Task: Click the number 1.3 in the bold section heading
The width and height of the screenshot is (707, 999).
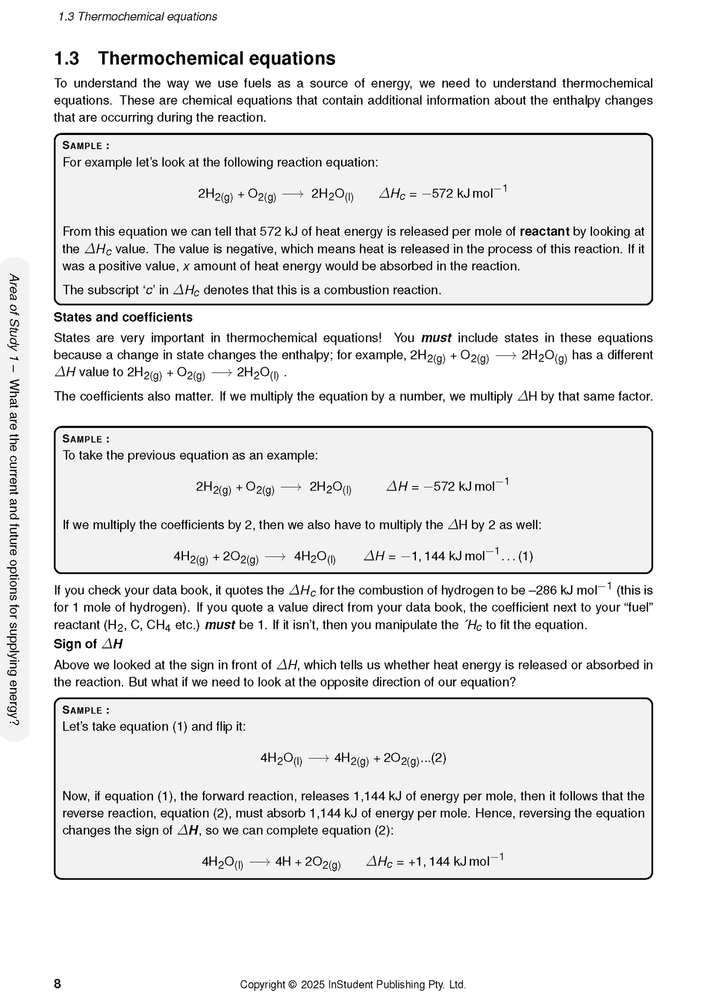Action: tap(67, 59)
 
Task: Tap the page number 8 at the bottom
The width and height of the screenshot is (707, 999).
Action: tap(57, 984)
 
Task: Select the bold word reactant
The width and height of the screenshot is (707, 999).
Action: tap(544, 231)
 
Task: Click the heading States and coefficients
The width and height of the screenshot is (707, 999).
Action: tap(123, 317)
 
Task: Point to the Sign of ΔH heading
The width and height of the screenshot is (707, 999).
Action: tap(88, 644)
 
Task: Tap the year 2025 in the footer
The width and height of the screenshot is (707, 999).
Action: tap(313, 984)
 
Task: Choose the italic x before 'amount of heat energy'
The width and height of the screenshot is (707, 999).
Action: tap(186, 266)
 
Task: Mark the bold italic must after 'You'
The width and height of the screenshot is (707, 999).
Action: tap(436, 338)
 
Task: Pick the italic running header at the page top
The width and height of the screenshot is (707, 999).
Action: tap(137, 17)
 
